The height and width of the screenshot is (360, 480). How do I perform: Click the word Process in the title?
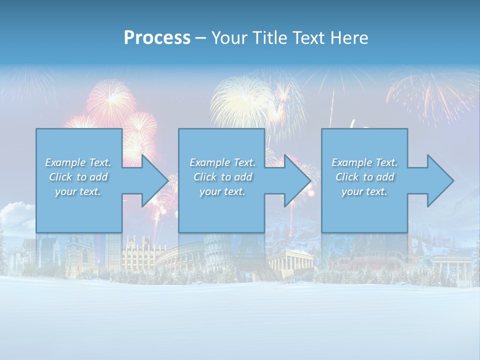click(157, 37)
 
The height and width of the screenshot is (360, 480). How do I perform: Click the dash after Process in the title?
click(200, 38)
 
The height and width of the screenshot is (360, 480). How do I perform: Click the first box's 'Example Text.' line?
click(78, 162)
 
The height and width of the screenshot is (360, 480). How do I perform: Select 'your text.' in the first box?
click(78, 191)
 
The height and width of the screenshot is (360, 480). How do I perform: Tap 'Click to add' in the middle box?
click(222, 177)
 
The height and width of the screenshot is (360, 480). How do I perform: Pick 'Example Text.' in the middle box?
click(222, 162)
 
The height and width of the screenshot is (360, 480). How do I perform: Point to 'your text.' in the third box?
click(364, 191)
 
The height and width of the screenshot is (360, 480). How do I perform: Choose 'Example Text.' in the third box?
click(364, 162)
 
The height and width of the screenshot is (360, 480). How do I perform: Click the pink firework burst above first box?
click(111, 102)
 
